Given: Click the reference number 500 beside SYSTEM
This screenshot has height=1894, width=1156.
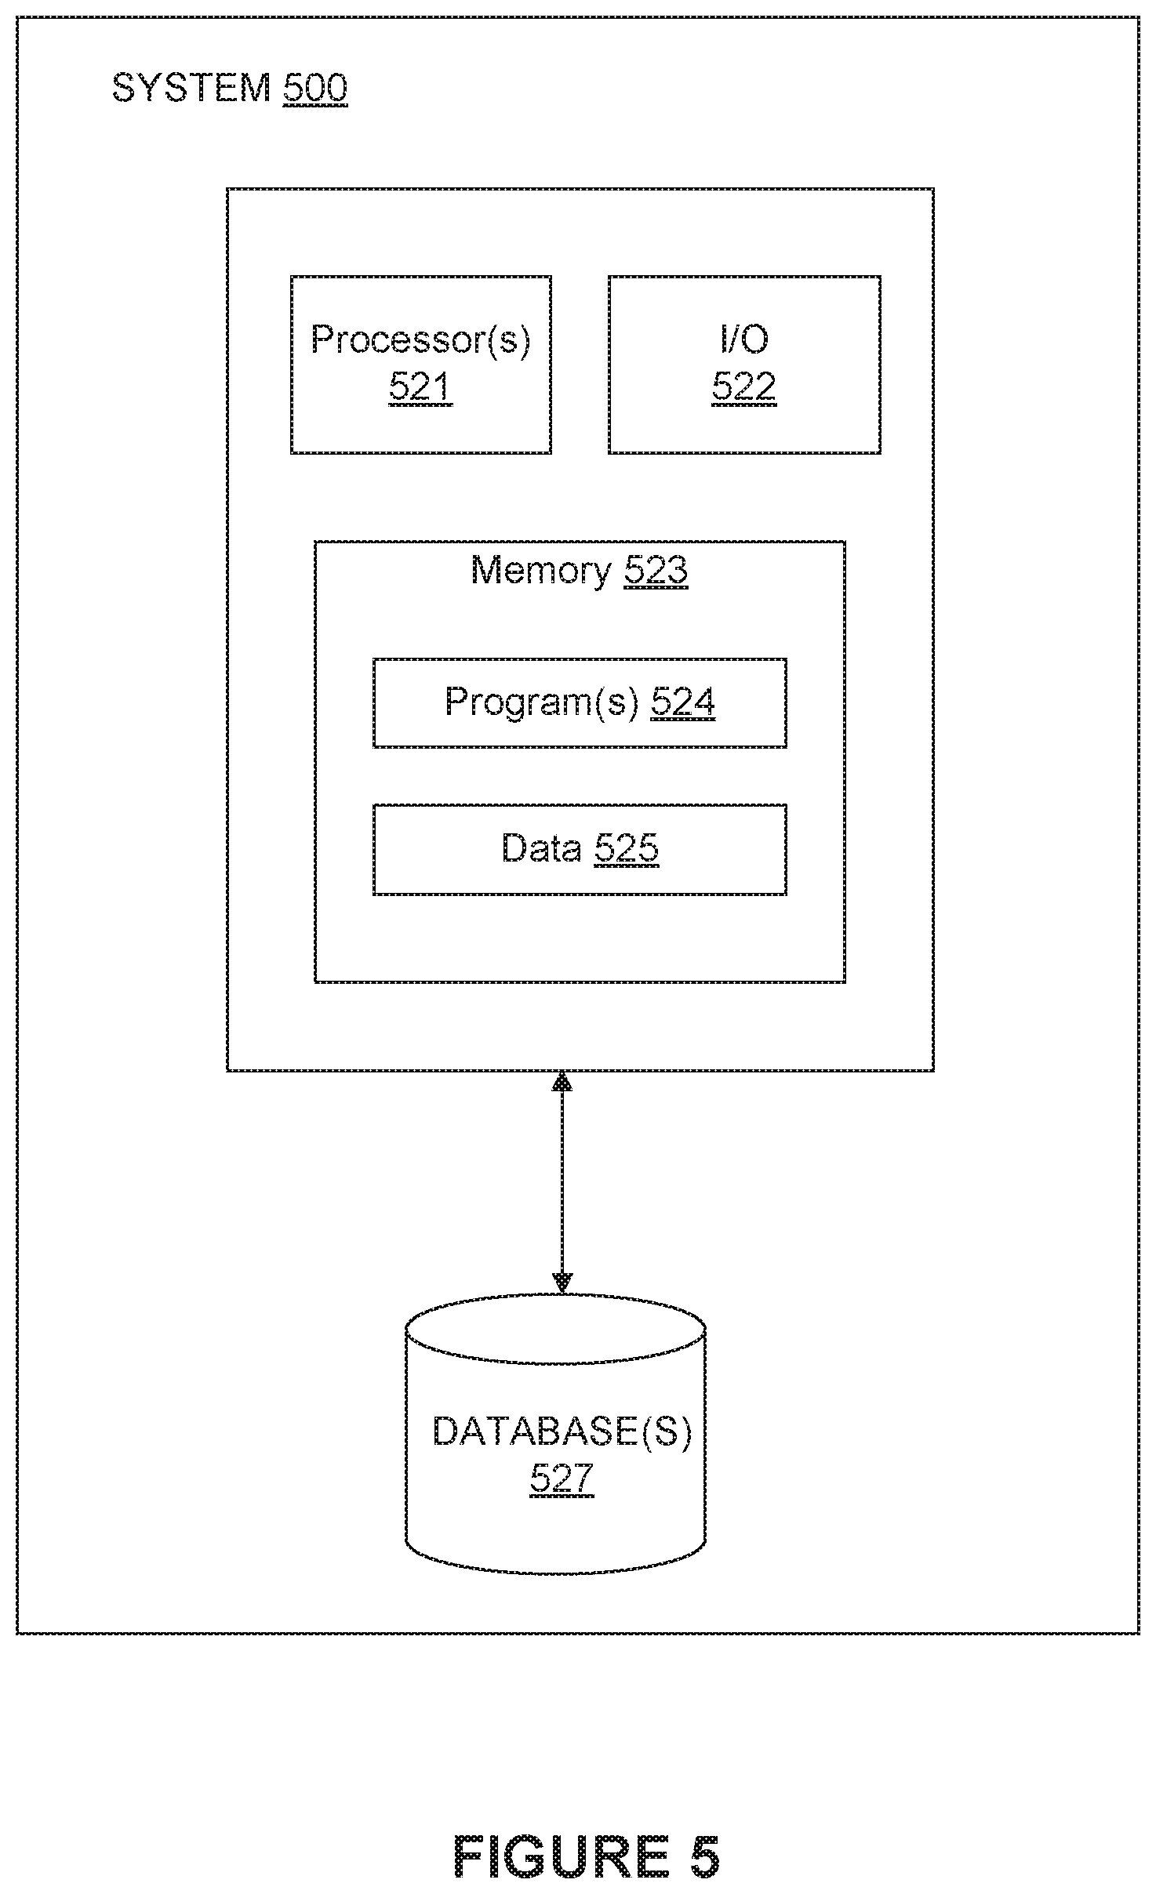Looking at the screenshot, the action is click(x=314, y=88).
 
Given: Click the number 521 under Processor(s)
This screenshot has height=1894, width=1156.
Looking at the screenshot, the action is click(x=421, y=386).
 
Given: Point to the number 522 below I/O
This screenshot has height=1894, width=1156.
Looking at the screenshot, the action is click(x=744, y=386).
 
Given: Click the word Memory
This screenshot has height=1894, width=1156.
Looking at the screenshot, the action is click(x=541, y=570).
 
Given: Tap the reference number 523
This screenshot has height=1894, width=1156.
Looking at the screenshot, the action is click(x=656, y=570).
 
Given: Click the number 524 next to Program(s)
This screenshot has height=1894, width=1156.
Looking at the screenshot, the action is click(x=683, y=702).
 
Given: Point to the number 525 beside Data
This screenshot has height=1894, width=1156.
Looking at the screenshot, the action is click(x=627, y=848).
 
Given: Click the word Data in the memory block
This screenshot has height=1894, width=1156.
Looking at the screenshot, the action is click(x=542, y=848).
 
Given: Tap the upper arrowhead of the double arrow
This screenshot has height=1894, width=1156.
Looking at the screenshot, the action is click(x=562, y=1082).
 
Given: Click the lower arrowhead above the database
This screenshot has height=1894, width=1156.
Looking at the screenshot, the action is click(x=562, y=1283).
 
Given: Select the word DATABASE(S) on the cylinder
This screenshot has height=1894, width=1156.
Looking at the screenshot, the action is click(x=562, y=1432).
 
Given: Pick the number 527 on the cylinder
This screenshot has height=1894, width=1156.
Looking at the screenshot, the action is click(x=562, y=1479).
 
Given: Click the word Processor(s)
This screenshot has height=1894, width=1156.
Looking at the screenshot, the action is click(x=421, y=339).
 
